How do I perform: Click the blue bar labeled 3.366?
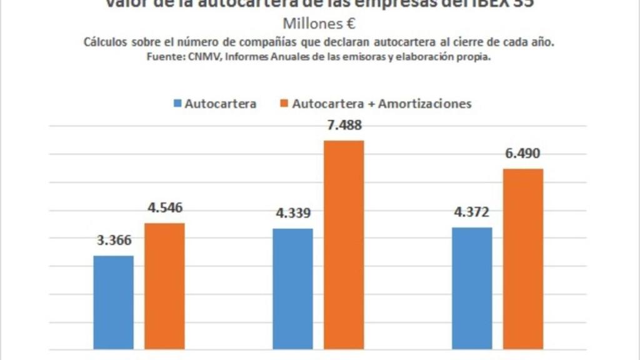113,302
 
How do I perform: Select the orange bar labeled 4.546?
165,286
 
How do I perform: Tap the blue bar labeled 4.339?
292,288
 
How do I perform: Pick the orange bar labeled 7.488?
344,244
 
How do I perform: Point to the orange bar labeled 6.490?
523,258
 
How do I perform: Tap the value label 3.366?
113,241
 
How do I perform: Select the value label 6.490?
523,154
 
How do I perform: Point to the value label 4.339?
293,213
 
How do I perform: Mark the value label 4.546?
165,208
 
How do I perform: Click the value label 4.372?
472,212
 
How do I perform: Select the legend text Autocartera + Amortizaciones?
381,104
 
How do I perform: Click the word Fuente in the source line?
163,56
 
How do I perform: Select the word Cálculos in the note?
104,42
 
